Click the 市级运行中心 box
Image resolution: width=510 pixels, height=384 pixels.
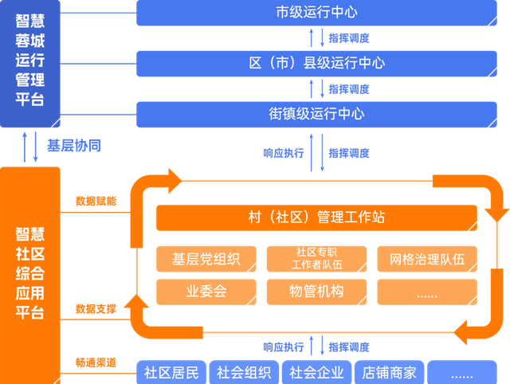[316, 13]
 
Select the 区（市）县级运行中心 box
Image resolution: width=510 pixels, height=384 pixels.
[316, 63]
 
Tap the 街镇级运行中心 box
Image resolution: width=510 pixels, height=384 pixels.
[316, 114]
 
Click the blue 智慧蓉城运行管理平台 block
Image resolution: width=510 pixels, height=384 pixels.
[30, 64]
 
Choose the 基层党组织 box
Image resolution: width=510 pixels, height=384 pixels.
[206, 259]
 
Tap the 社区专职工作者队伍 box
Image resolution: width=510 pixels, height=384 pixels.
[316, 259]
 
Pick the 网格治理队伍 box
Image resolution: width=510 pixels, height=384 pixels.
[427, 259]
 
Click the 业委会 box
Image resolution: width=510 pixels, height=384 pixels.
[206, 292]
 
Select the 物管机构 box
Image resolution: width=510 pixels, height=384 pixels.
[316, 292]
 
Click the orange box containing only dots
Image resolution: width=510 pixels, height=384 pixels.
[427, 292]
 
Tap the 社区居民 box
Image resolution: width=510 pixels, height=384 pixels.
[171, 372]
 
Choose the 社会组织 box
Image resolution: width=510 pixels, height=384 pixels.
[243, 372]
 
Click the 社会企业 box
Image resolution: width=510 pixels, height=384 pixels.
[316, 372]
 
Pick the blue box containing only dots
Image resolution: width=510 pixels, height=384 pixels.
[461, 372]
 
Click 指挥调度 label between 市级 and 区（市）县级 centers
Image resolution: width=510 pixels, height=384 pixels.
[349, 37]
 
